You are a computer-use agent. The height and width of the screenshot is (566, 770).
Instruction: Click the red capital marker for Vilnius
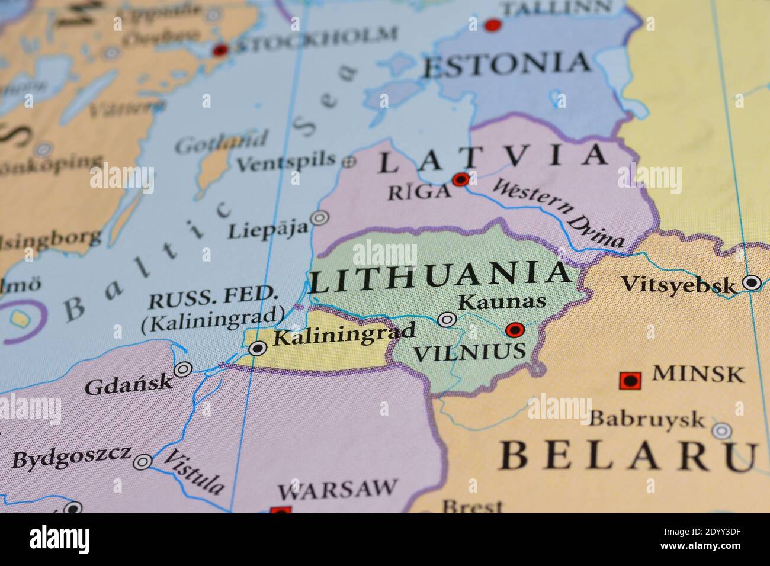(515, 329)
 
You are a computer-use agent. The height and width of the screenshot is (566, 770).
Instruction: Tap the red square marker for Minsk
(630, 380)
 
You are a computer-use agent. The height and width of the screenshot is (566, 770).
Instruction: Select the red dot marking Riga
(460, 179)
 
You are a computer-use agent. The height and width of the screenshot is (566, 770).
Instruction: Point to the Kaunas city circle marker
(447, 320)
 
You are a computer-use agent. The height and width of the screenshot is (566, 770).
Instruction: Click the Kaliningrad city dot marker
(257, 348)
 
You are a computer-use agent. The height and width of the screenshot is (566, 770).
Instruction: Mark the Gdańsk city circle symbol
(182, 369)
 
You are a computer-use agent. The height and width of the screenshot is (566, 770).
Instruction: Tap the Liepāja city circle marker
(320, 218)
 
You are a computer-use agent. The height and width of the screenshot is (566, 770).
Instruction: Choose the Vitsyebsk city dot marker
(752, 282)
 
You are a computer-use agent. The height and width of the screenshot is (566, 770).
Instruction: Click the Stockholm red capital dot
(221, 50)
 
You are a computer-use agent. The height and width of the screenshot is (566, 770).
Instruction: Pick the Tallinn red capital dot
(492, 25)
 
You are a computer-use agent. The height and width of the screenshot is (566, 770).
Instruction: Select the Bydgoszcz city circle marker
(143, 462)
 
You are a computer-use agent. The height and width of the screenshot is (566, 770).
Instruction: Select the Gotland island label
(221, 143)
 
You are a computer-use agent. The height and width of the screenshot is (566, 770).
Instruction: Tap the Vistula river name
(194, 472)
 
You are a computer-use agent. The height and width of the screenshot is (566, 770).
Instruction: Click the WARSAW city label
(337, 490)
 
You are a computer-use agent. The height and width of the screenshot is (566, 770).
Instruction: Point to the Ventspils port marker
(349, 160)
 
